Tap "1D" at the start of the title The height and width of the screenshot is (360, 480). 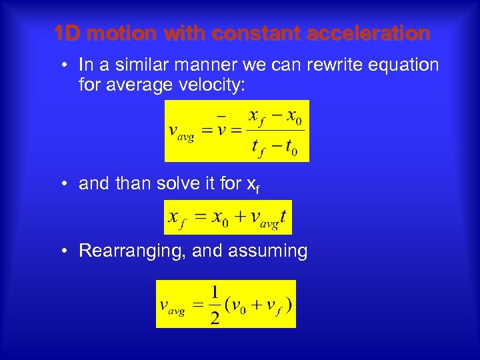point(67,33)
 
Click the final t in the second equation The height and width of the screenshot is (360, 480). point(283,217)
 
